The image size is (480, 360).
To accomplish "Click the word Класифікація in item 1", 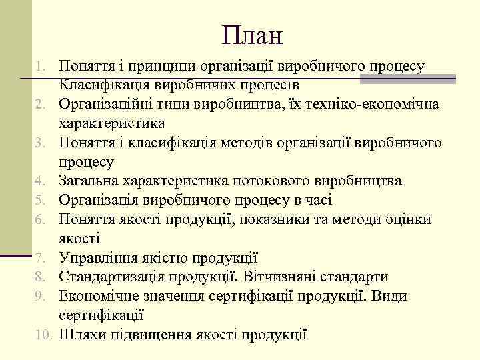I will tap(105, 85).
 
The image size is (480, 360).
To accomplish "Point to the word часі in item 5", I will tap(317, 201).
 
